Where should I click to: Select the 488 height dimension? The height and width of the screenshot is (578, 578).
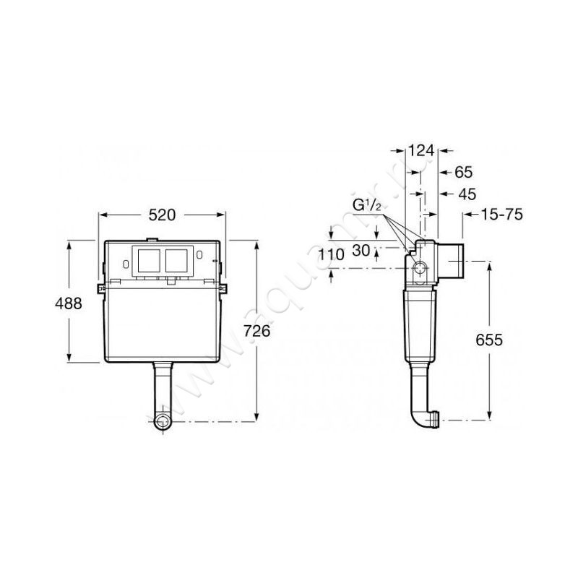click(69, 303)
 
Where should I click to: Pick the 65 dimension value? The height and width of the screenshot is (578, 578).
click(464, 172)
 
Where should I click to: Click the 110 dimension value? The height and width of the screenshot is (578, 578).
click(332, 254)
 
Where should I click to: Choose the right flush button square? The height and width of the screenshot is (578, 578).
click(178, 262)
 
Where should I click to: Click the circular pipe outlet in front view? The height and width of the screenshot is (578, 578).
click(164, 421)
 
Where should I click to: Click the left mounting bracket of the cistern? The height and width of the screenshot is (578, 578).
click(101, 287)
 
